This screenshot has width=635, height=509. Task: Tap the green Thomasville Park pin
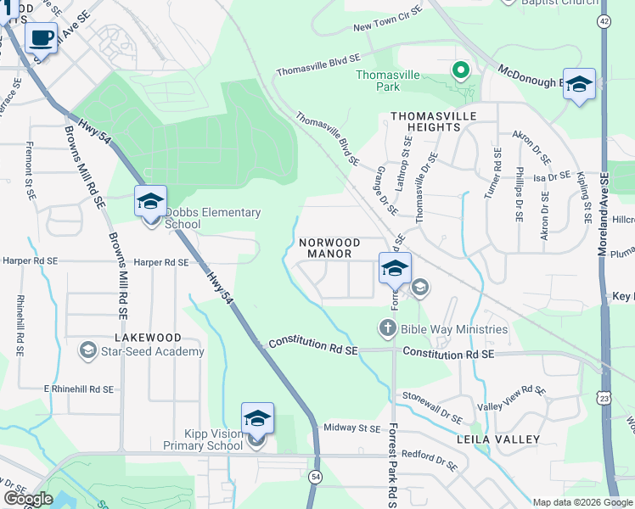pos(461,70)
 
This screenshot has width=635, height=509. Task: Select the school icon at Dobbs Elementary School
pos(149,202)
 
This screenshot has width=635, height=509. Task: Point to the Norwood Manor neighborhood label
pos(329,248)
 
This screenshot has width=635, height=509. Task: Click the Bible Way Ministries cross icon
pos(387,327)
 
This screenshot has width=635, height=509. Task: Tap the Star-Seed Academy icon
pos(87,350)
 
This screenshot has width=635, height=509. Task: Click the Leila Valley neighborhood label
pos(497,439)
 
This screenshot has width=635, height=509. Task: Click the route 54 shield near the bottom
pos(314,477)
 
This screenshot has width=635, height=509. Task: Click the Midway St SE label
pos(352,428)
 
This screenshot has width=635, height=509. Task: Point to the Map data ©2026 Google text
pos(582,502)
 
